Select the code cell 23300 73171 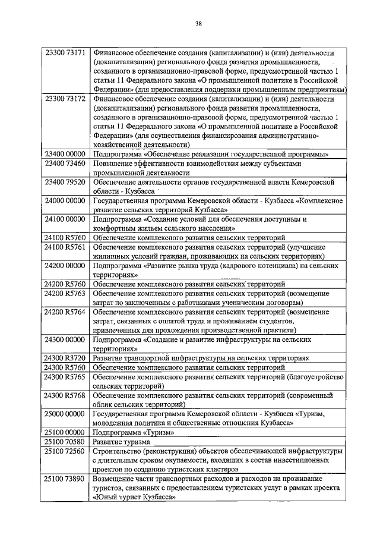coord(66,53)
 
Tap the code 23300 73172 coord(66,99)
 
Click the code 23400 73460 coord(66,163)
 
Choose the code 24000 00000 coord(66,202)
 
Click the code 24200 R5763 coord(66,293)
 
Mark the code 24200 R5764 coord(66,312)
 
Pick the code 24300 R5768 coord(66,395)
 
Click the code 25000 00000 coord(66,413)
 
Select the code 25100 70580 coord(66,442)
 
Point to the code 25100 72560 coord(66,451)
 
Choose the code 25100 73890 coord(66,479)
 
